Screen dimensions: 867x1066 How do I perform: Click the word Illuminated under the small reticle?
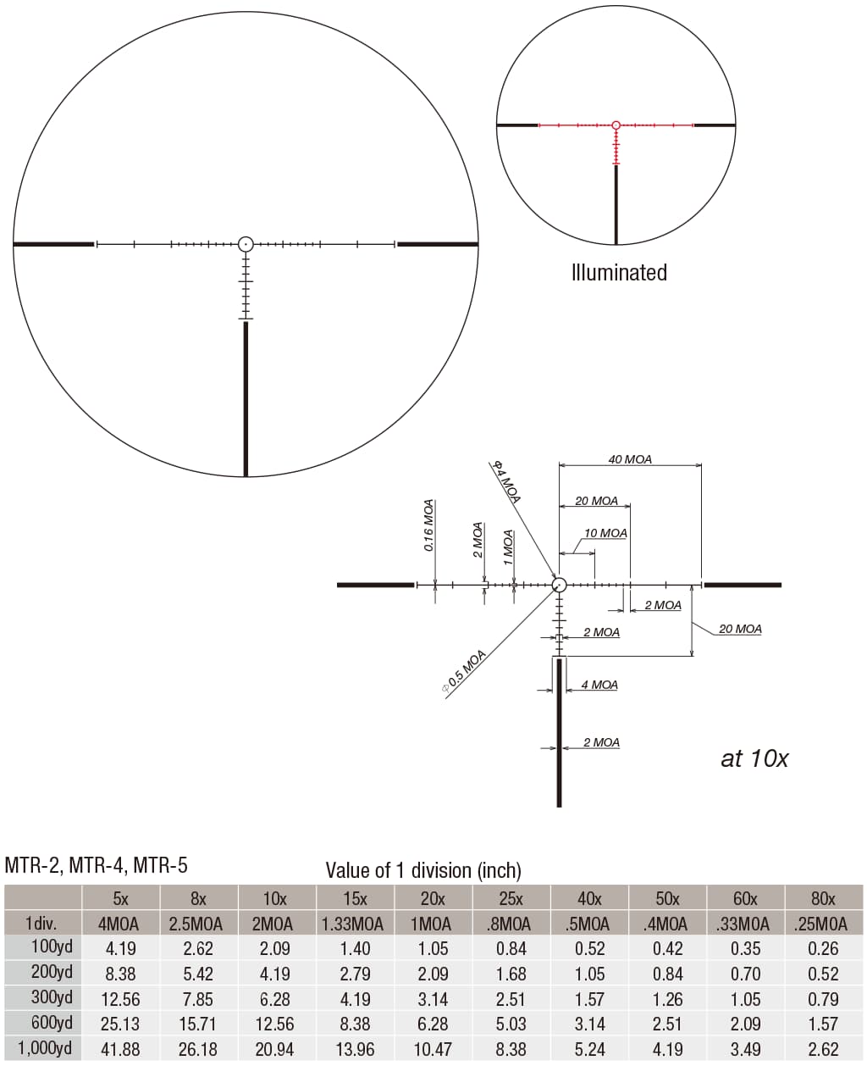tap(619, 273)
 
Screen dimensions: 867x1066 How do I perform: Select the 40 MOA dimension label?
tap(630, 459)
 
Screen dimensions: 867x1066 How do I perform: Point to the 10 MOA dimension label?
tap(605, 534)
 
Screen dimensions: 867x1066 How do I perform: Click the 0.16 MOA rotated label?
tap(428, 525)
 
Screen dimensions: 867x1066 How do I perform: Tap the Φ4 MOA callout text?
tap(506, 481)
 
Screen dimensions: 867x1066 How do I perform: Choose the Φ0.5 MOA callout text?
tap(465, 671)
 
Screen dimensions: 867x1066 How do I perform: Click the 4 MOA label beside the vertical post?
tap(599, 685)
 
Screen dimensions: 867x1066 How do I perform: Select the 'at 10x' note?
tap(754, 758)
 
